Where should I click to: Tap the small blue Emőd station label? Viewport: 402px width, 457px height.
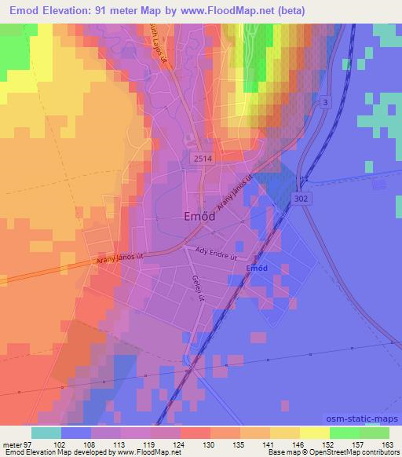(258, 269)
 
